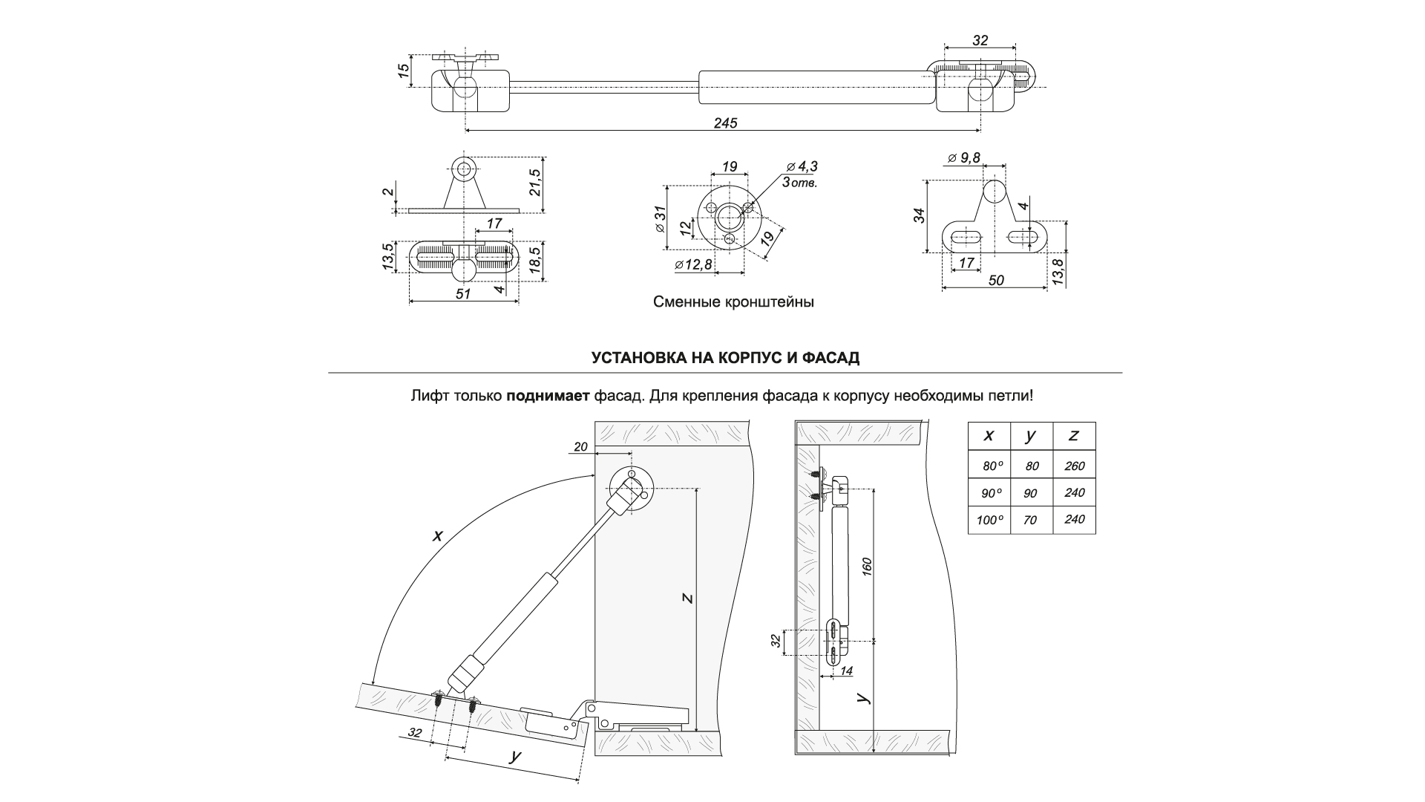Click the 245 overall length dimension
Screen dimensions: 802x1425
[x=725, y=123]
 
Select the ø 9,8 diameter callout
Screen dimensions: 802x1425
[x=964, y=157]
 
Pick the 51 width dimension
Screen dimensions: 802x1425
[x=463, y=294]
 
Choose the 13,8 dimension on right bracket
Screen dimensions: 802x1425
[x=1058, y=273]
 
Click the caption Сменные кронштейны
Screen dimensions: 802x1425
[x=733, y=303]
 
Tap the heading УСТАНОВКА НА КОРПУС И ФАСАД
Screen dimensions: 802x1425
[x=725, y=358]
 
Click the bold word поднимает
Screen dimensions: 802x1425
[x=548, y=396]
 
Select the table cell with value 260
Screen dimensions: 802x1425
[x=1074, y=466]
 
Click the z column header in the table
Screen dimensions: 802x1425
[x=1074, y=436]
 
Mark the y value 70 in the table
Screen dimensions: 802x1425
[x=1030, y=521]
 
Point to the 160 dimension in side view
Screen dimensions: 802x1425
[x=867, y=565]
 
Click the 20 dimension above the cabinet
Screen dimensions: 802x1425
[x=580, y=446]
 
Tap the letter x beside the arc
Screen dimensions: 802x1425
[x=438, y=535]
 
